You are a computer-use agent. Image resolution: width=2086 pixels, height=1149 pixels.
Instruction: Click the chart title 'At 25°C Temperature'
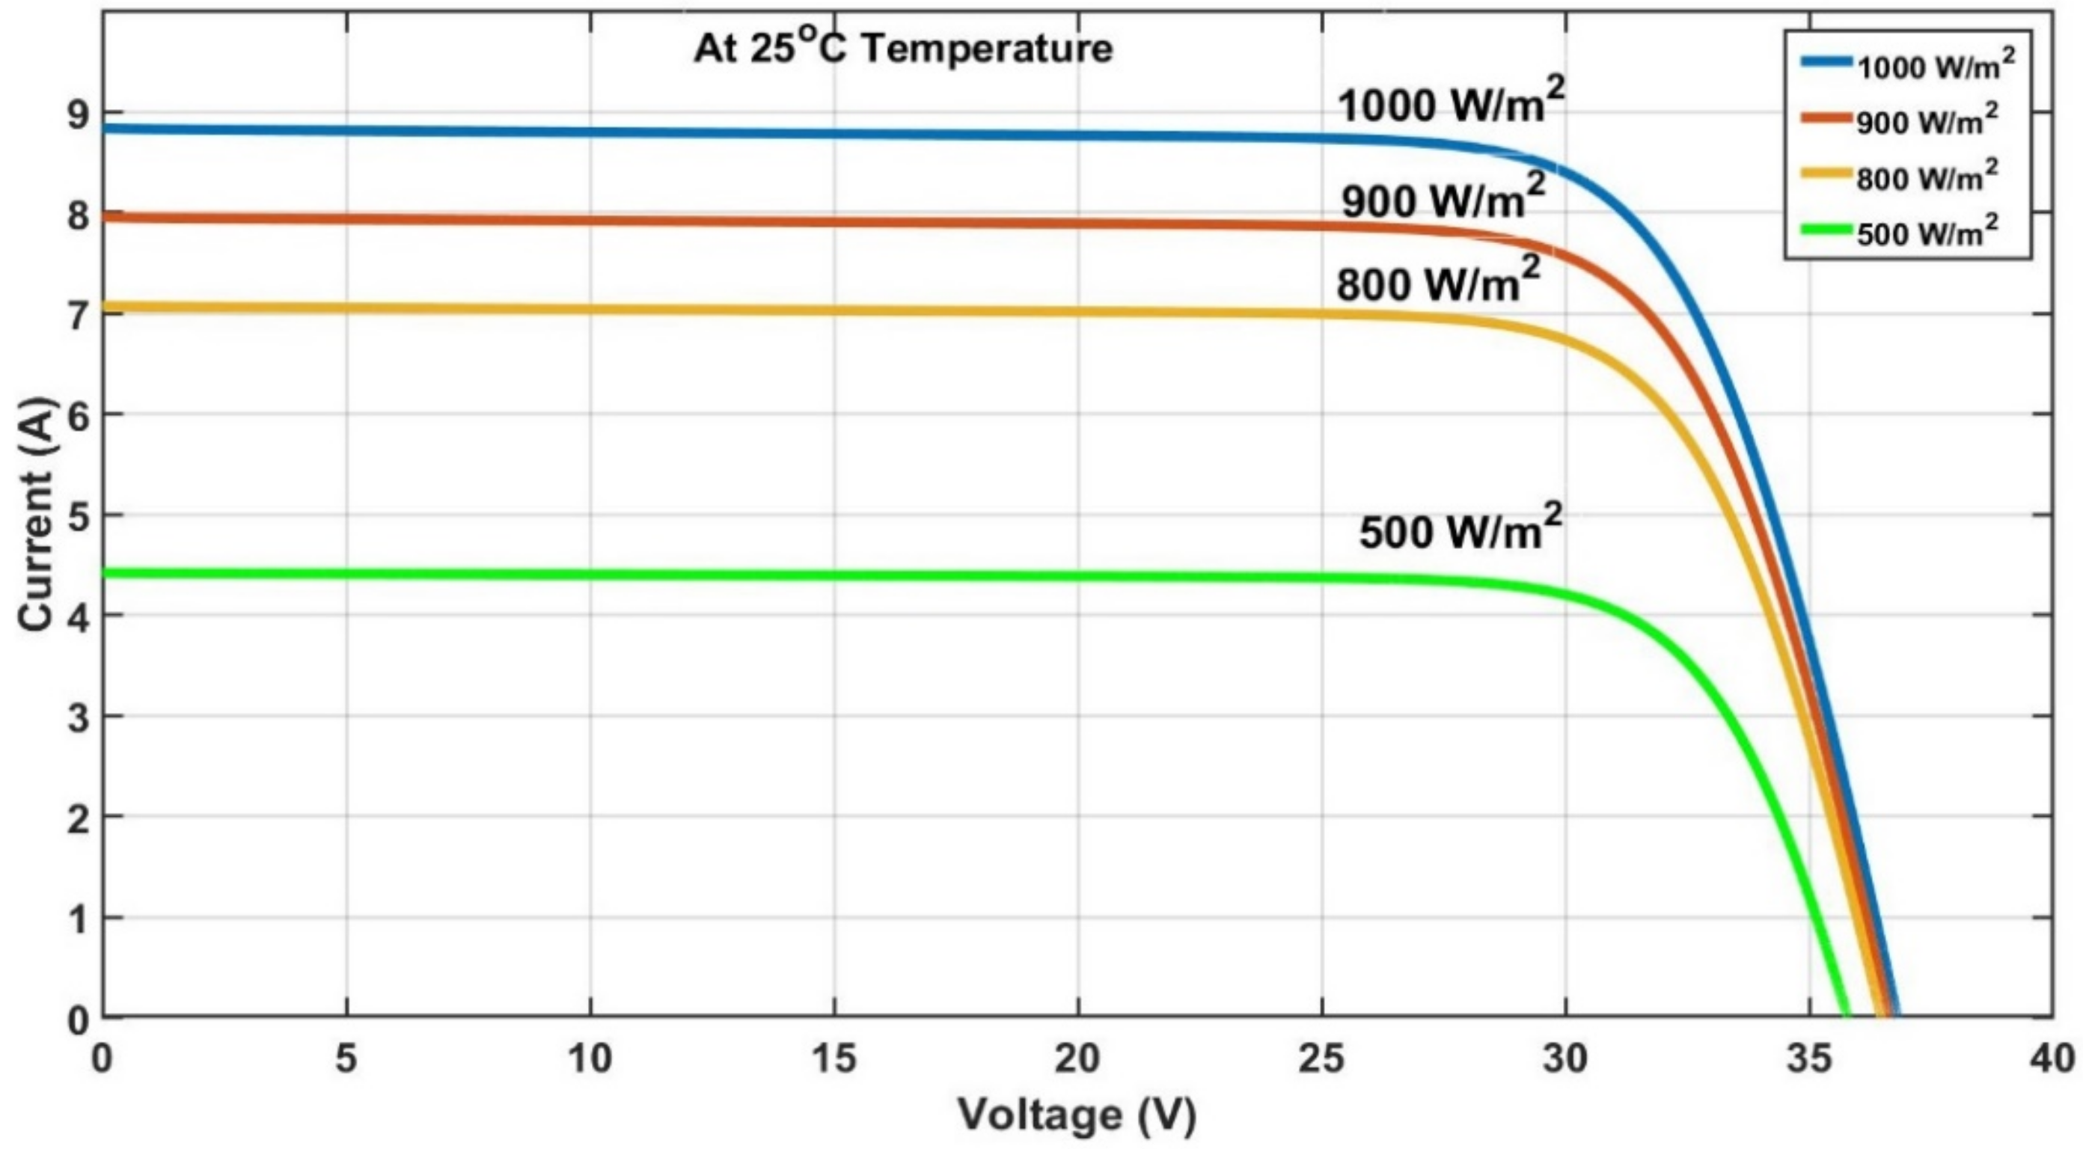tap(903, 49)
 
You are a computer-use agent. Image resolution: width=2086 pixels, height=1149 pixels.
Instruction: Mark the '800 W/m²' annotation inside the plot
tap(1437, 284)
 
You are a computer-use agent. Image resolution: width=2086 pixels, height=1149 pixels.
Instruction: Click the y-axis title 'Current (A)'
tap(36, 515)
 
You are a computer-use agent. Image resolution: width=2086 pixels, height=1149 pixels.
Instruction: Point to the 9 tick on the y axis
tap(79, 114)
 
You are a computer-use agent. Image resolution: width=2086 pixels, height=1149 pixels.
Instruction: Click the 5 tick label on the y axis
tap(79, 517)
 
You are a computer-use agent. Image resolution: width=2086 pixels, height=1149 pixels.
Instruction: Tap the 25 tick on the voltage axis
tap(1321, 1058)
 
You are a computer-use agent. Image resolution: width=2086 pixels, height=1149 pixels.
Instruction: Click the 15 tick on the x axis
tap(834, 1058)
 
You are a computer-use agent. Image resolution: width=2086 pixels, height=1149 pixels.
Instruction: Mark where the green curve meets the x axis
tap(1847, 1015)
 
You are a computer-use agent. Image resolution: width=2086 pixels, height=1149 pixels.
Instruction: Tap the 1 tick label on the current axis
tap(79, 920)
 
